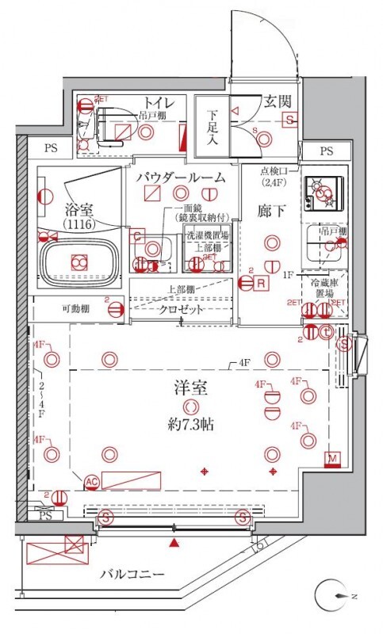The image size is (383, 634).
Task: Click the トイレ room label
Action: (159, 102)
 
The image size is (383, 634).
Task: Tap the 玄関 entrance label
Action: (278, 101)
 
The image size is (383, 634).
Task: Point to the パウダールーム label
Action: (180, 177)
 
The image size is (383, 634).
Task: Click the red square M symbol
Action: (332, 459)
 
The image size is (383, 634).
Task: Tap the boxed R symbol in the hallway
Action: (260, 283)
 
